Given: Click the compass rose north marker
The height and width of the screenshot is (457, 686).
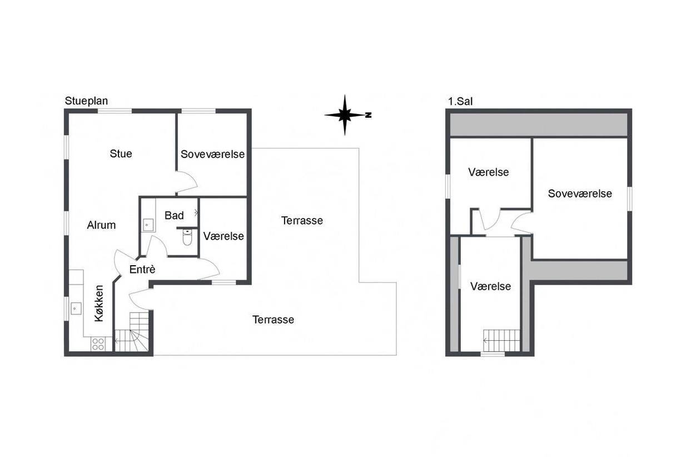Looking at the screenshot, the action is tap(369, 115).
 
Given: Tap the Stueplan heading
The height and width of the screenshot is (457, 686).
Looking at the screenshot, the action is tap(86, 101).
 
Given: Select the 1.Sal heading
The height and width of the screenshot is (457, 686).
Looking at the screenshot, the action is tap(460, 101).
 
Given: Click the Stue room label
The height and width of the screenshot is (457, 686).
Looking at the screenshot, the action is tap(121, 153).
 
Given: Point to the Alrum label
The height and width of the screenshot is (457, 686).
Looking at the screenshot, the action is tap(101, 225).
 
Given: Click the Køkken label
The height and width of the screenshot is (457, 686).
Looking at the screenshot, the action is tap(99, 303).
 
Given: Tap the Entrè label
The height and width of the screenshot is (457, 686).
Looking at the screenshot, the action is tap(142, 269).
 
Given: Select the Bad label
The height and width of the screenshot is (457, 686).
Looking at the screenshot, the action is tap(174, 215).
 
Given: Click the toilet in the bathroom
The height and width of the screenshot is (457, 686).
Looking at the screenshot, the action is tap(187, 237).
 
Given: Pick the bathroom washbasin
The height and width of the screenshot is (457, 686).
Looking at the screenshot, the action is tap(148, 225).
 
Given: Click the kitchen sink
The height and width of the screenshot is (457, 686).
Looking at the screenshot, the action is tap(76, 309).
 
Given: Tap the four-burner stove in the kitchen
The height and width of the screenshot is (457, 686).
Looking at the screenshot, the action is tap(98, 344).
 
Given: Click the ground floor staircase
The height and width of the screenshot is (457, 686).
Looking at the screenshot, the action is tap(132, 332).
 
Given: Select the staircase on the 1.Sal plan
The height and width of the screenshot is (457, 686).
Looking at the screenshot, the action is tap(501, 341).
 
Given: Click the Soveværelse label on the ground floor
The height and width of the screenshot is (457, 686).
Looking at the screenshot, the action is tap(212, 154).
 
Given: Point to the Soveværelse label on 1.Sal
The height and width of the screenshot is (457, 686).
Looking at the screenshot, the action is tap(580, 193).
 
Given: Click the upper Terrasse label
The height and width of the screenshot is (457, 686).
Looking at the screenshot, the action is tap(302, 221).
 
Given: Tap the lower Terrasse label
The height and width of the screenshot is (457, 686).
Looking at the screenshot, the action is tap(273, 320).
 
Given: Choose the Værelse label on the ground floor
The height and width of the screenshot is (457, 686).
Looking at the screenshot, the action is tap(223, 236).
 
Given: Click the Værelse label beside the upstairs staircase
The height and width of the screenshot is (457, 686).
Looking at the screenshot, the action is tap(491, 286).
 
